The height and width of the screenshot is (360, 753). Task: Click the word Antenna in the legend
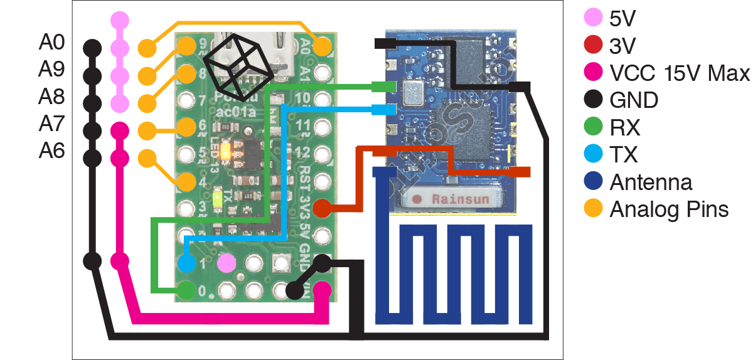point(651,182)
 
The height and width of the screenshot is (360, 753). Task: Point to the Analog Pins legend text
point(669,209)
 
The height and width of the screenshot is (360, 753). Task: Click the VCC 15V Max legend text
point(680,73)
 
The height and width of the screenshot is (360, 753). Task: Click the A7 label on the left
point(51,124)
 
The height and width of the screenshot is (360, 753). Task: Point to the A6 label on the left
point(51,151)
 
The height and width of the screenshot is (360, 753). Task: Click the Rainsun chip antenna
point(451,198)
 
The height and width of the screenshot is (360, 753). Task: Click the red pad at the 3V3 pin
point(322,208)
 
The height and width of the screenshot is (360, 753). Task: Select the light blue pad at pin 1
point(186,263)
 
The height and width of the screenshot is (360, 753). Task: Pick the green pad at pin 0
point(186,290)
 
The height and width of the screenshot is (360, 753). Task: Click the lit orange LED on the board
point(233,152)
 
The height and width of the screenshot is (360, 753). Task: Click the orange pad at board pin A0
point(322,46)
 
